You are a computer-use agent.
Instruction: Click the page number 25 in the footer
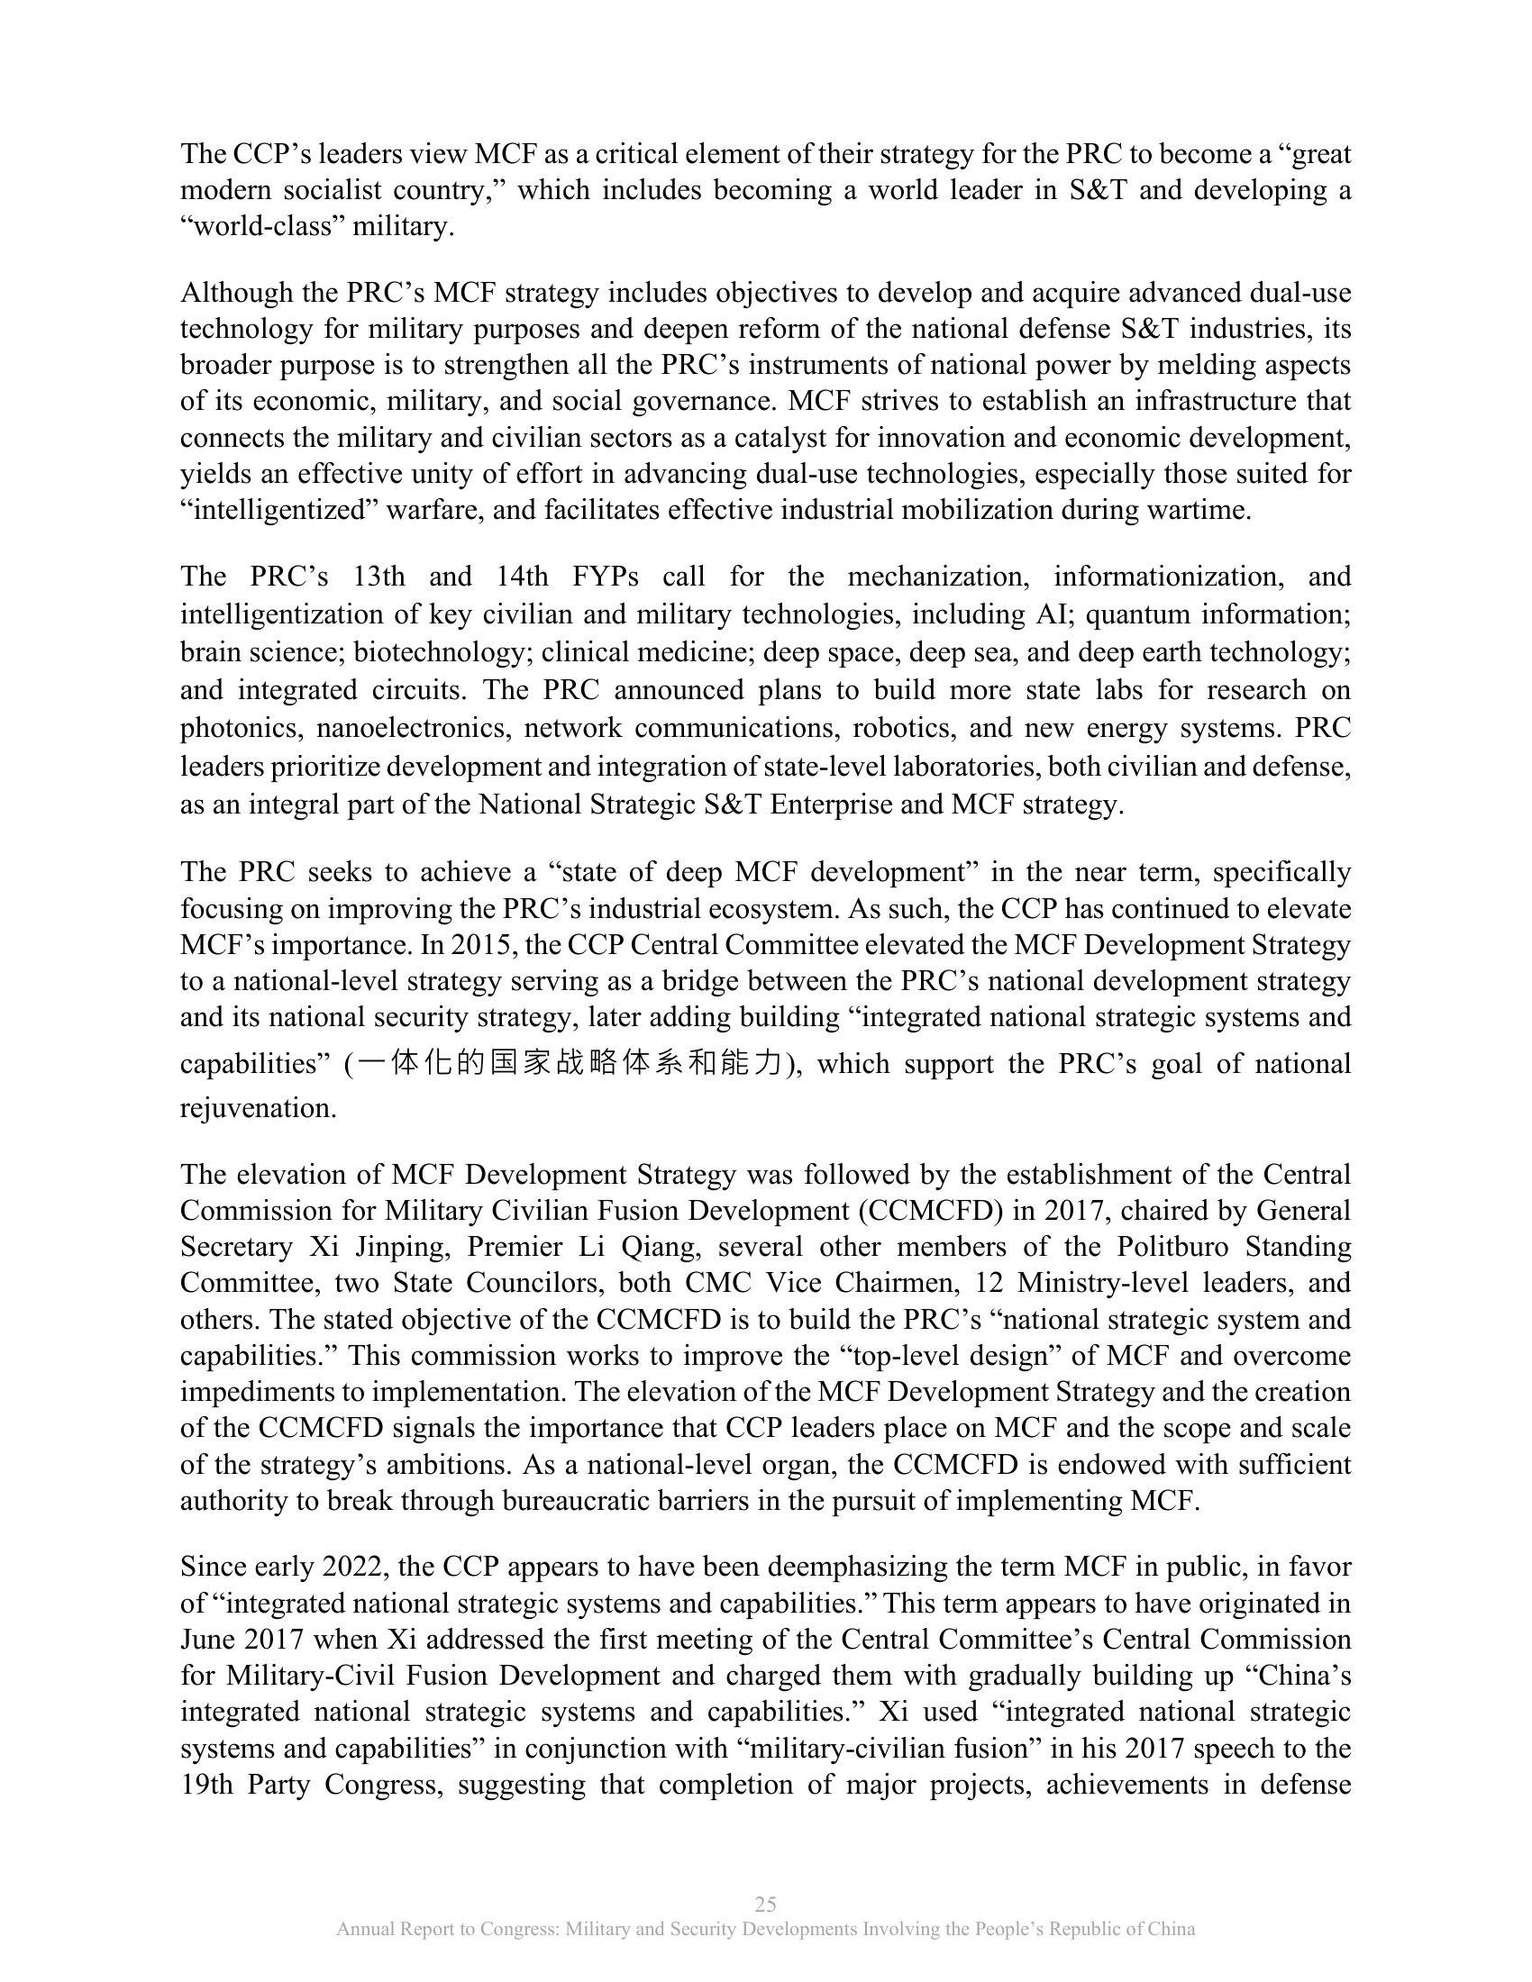point(765,1904)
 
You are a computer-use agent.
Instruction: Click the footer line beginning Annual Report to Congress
point(765,1930)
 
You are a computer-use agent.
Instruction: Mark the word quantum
point(1131,614)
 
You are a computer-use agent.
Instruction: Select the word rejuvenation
point(258,1108)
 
